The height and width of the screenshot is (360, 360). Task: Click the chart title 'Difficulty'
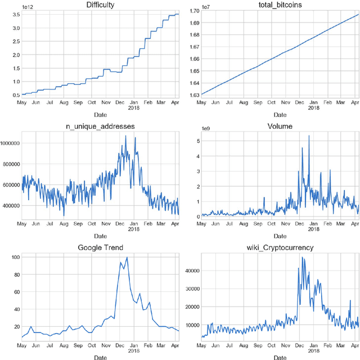tap(100, 5)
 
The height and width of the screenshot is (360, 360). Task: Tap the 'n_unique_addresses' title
tap(100, 127)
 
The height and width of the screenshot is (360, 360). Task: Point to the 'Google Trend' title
tap(100, 247)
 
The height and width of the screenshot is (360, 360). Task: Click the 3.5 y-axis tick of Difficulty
tap(13, 14)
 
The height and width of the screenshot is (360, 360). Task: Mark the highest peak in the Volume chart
tap(309, 136)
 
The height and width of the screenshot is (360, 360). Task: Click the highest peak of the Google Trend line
tap(127, 258)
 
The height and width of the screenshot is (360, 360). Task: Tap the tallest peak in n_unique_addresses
tap(125, 136)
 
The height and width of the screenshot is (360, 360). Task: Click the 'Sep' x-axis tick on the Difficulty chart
tap(78, 102)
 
